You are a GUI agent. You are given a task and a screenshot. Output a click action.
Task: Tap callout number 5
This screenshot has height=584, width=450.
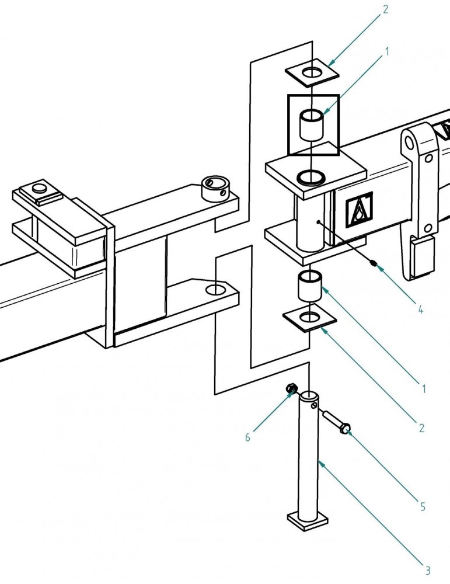423,507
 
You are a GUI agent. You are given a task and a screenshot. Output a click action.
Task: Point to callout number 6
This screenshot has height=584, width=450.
247,437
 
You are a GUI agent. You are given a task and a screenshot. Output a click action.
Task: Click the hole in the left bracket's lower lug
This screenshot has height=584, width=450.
215,289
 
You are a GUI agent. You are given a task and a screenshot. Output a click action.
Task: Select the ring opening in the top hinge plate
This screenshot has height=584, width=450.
311,175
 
